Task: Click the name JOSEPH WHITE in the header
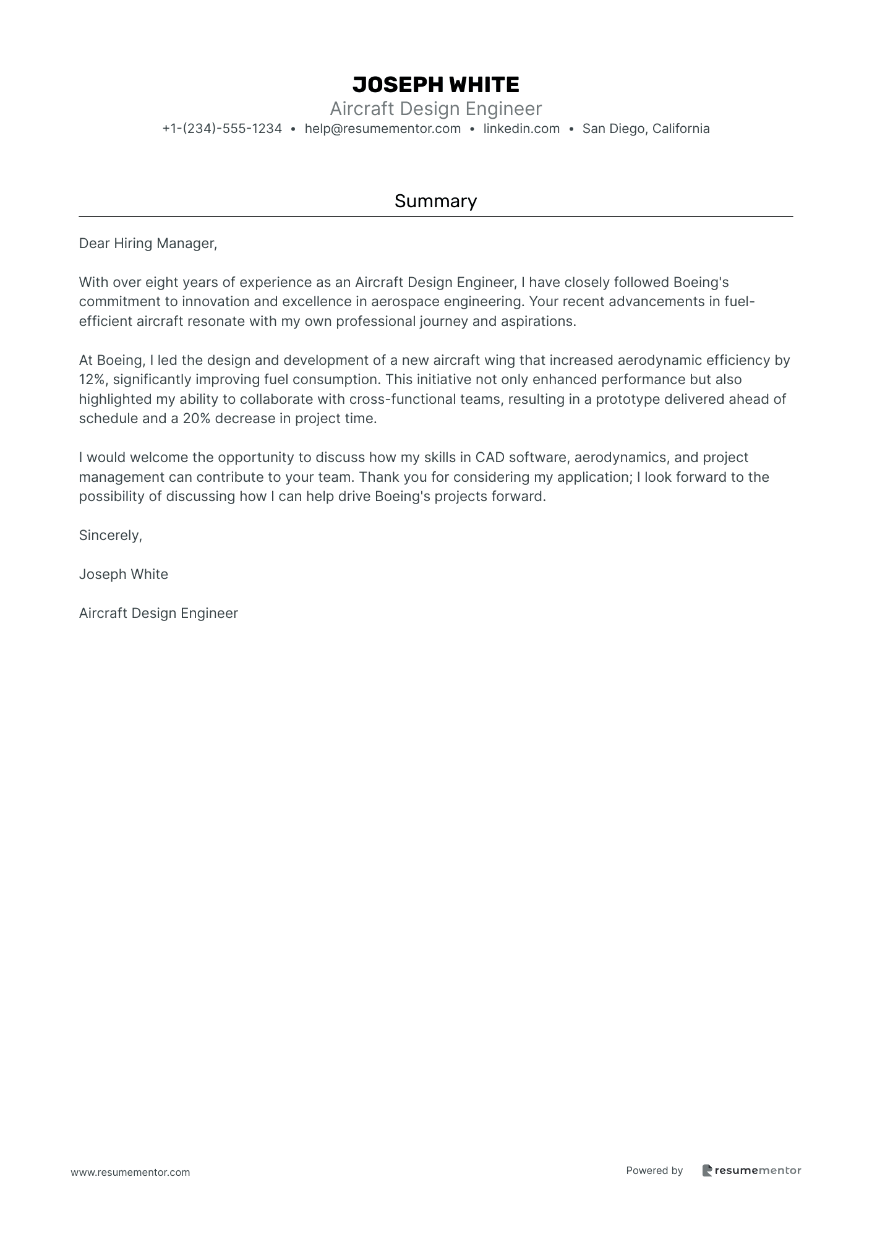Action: (435, 85)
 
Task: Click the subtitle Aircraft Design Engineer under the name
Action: (435, 109)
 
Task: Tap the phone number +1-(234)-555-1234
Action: (222, 129)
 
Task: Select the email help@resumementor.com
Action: (382, 129)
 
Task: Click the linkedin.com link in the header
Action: (521, 129)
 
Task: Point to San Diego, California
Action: (646, 129)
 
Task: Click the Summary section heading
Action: (435, 201)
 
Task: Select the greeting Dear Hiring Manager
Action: (148, 244)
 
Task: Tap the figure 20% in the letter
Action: (197, 419)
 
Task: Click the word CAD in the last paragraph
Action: (489, 458)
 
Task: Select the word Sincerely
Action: (110, 536)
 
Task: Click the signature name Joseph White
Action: (123, 575)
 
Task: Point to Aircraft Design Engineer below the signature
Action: (158, 614)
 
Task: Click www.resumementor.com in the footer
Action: (130, 1172)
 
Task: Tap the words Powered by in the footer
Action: (654, 1170)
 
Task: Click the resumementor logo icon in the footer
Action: (707, 1170)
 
